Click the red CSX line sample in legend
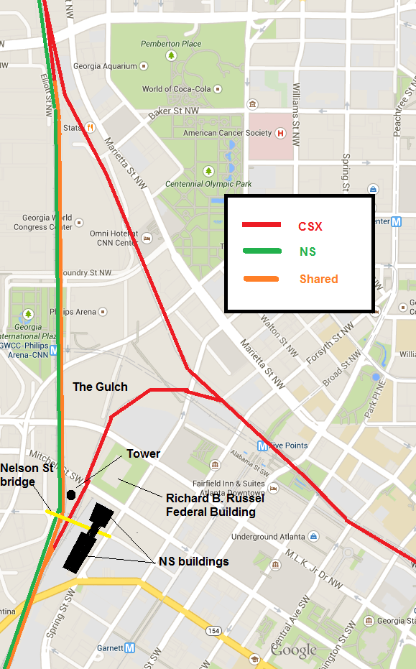click(x=261, y=226)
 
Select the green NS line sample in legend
click(x=261, y=252)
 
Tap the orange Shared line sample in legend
click(x=261, y=279)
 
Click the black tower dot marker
click(x=70, y=494)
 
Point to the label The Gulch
click(x=100, y=387)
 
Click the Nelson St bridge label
click(x=27, y=475)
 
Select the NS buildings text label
click(x=193, y=561)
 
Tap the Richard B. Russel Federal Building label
click(x=211, y=504)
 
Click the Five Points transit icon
click(x=263, y=446)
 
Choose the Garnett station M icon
click(x=129, y=647)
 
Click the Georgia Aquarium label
click(x=105, y=66)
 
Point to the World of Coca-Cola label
click(x=176, y=89)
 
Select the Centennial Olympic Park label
click(x=208, y=184)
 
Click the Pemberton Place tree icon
click(x=172, y=55)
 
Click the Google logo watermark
click(x=293, y=650)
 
